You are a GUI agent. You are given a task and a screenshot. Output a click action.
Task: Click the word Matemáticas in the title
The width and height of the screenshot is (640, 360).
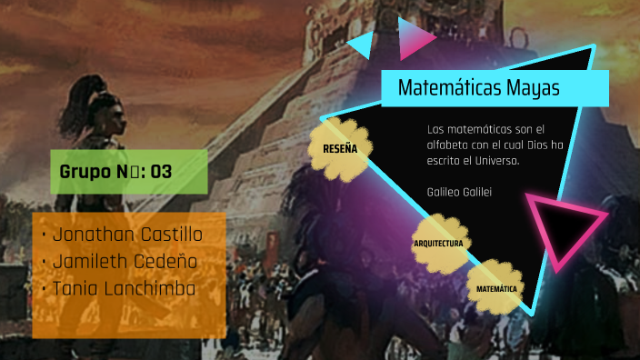tap(450, 89)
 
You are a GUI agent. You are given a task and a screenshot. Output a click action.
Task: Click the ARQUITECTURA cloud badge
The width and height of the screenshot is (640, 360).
tap(439, 244)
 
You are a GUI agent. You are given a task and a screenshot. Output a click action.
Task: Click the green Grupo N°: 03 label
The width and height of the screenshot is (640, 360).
tap(128, 172)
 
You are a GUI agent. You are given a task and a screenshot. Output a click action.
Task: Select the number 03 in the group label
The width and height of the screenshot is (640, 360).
tap(161, 172)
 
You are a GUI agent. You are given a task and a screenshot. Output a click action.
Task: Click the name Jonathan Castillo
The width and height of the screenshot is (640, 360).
tap(127, 235)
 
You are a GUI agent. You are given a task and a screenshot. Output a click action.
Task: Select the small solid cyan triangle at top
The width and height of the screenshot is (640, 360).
tap(363, 44)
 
